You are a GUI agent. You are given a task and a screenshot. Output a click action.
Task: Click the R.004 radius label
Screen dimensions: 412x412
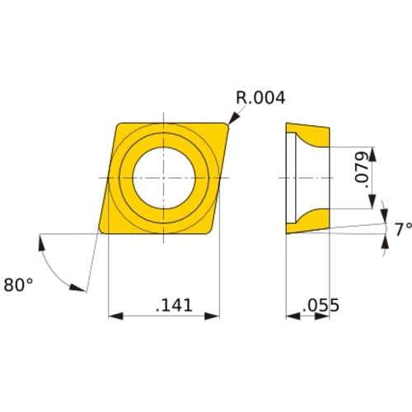[260, 98]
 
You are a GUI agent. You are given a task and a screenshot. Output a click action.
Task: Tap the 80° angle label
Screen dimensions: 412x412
[19, 284]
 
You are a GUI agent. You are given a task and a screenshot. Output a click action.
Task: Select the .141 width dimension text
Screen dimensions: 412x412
[174, 305]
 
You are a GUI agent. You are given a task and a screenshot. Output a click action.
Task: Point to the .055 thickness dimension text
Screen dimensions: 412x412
[321, 306]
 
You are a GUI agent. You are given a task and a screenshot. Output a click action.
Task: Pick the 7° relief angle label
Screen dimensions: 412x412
[400, 230]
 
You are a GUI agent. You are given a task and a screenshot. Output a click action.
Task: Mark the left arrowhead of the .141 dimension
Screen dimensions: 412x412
[114, 316]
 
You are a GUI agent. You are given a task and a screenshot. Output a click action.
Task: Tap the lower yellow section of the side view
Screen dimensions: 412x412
[310, 220]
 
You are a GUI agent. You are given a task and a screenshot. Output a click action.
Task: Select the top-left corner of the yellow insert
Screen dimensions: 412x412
[117, 124]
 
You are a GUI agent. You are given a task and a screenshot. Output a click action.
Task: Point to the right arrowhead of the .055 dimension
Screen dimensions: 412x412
[329, 316]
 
